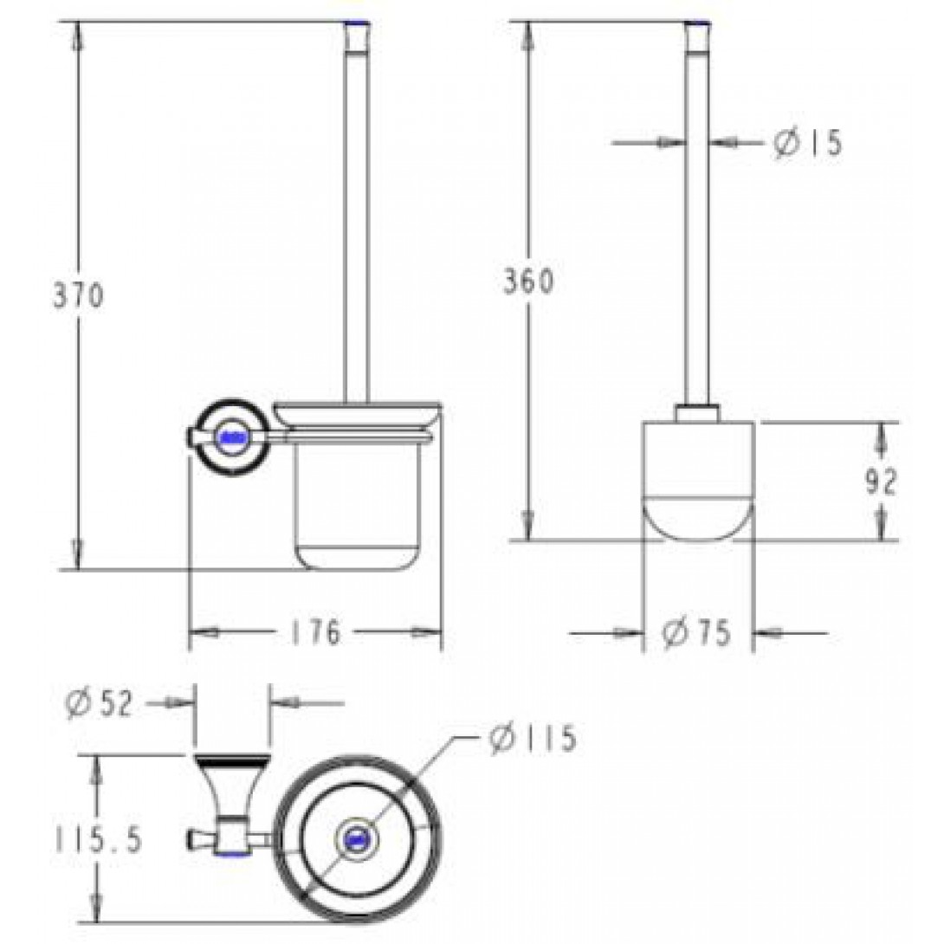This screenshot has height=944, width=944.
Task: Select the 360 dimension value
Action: [529, 281]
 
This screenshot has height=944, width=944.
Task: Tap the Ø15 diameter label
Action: [806, 143]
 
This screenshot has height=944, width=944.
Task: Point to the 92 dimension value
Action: [881, 482]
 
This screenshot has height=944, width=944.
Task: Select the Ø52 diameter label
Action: [99, 704]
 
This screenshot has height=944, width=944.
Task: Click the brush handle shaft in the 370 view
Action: [356, 217]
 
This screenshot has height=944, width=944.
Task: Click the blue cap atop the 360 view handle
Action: [698, 22]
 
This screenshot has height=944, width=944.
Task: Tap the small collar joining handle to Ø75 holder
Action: [698, 413]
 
